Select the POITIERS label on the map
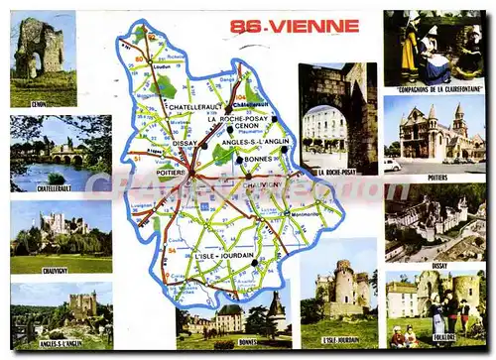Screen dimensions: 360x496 (172, 171)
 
